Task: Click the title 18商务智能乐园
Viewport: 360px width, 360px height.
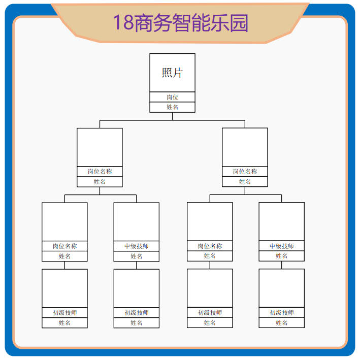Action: (180, 23)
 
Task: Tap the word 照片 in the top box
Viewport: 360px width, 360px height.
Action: (172, 73)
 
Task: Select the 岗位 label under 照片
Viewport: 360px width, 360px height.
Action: (172, 97)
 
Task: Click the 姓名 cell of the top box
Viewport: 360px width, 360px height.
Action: (172, 107)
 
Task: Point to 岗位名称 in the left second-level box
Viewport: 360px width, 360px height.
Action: (100, 172)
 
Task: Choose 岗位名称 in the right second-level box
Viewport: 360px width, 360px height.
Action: (245, 172)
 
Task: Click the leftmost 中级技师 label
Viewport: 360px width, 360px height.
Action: (136, 246)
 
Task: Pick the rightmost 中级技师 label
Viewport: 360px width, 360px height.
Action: (281, 246)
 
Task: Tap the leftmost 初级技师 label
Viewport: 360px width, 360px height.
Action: (64, 313)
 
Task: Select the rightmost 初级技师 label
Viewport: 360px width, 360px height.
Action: (281, 313)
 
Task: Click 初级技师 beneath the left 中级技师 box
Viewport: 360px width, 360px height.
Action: (136, 313)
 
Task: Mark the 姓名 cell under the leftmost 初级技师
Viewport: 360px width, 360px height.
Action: (64, 322)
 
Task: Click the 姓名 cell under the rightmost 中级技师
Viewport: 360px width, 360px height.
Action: (281, 256)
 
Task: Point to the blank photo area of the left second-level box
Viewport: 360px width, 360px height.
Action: (100, 147)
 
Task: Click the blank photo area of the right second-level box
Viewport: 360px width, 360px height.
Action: (245, 147)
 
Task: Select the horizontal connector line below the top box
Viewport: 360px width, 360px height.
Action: (172, 120)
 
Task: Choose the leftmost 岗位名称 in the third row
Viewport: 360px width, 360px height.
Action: (64, 246)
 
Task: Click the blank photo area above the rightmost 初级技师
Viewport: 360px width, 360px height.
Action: (281, 288)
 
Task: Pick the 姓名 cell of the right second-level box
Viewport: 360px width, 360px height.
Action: (245, 182)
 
